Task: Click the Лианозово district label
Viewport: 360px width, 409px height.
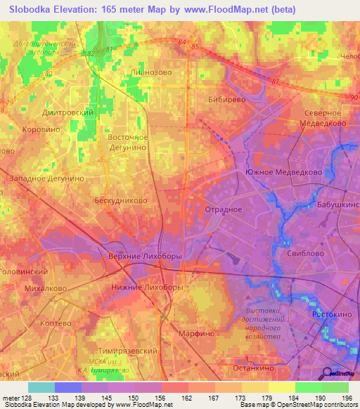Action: click(x=150, y=72)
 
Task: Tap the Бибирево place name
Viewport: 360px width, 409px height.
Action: click(x=226, y=100)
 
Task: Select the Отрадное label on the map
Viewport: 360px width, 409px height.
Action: click(x=223, y=209)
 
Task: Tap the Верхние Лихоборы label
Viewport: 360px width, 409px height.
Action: click(x=145, y=257)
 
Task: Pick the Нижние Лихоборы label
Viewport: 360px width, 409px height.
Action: click(x=148, y=287)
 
